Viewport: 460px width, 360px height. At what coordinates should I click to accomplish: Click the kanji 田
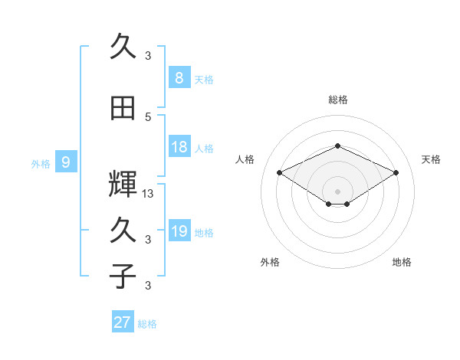(123, 108)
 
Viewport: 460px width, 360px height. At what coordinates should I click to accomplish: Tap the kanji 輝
(123, 184)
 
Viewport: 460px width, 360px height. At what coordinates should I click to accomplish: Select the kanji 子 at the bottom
(123, 276)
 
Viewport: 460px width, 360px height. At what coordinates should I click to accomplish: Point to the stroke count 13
(147, 194)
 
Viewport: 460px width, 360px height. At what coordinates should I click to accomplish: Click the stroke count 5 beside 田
(148, 117)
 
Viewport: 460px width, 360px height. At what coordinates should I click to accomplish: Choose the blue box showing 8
(179, 77)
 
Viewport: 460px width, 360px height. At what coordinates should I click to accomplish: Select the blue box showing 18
(179, 146)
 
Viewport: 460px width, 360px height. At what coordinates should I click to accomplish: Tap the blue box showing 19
(179, 230)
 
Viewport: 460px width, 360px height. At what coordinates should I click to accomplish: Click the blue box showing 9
(66, 162)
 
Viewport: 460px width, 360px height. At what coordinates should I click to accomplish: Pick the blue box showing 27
(123, 321)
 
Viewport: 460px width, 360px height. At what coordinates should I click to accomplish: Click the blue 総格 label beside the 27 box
(147, 324)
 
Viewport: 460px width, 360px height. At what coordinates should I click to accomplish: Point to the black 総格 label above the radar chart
(338, 100)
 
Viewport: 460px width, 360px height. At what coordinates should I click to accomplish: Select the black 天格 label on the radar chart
(431, 159)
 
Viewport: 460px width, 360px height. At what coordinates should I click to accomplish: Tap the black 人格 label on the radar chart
(245, 159)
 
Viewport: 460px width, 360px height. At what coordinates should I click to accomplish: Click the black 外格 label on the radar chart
(270, 262)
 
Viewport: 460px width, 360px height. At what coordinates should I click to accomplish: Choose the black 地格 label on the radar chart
(402, 262)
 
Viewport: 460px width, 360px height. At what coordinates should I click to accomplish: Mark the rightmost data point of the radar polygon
(396, 172)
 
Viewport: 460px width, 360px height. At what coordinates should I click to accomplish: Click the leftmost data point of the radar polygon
(279, 172)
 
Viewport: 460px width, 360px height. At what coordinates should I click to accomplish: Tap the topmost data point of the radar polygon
(337, 146)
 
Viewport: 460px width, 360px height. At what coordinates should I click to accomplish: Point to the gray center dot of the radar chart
(337, 191)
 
